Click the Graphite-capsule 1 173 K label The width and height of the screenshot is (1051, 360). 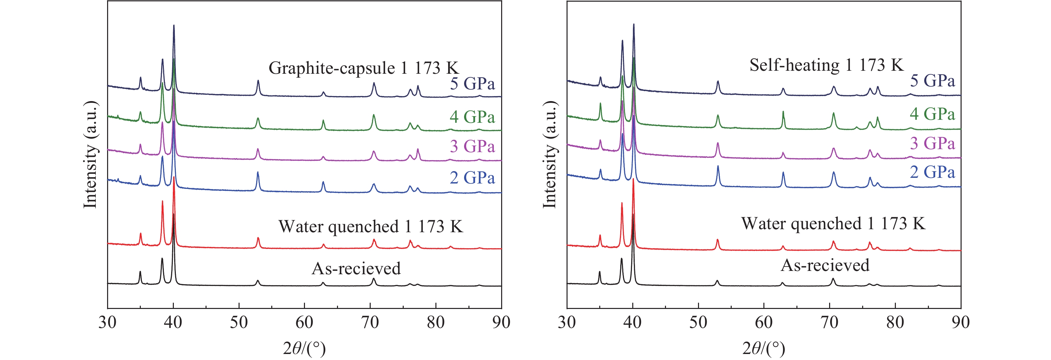pos(364,68)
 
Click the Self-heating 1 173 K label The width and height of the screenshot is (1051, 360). pos(826,65)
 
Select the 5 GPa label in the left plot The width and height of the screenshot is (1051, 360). pos(472,84)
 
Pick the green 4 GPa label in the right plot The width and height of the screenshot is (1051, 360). pos(932,114)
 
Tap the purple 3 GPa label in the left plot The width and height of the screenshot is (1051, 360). pos(472,146)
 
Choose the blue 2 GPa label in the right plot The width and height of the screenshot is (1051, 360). pos(932,172)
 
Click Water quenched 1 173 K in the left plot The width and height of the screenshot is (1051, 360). pos(370,227)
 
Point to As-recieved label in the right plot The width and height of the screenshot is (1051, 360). pos(825,266)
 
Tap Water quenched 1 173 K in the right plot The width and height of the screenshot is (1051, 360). pos(833,224)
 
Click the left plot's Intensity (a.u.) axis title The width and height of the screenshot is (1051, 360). pos(90,154)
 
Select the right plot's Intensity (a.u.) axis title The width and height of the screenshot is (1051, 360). pos(550,154)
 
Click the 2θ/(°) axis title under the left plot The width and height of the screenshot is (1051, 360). pos(304,348)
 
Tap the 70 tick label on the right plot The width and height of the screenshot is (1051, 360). pos(829,322)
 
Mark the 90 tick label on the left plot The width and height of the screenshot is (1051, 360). pos(501,322)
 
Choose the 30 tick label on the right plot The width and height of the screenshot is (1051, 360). pos(567,322)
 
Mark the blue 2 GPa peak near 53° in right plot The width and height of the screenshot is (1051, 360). pos(718,166)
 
